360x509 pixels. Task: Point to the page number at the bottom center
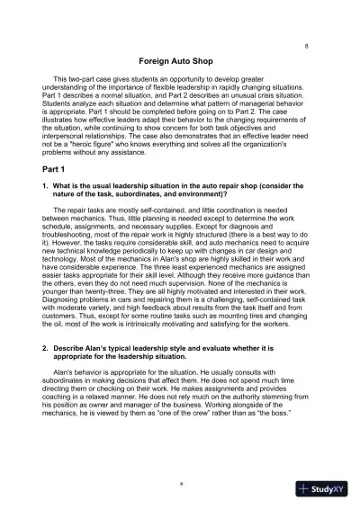coord(180,482)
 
